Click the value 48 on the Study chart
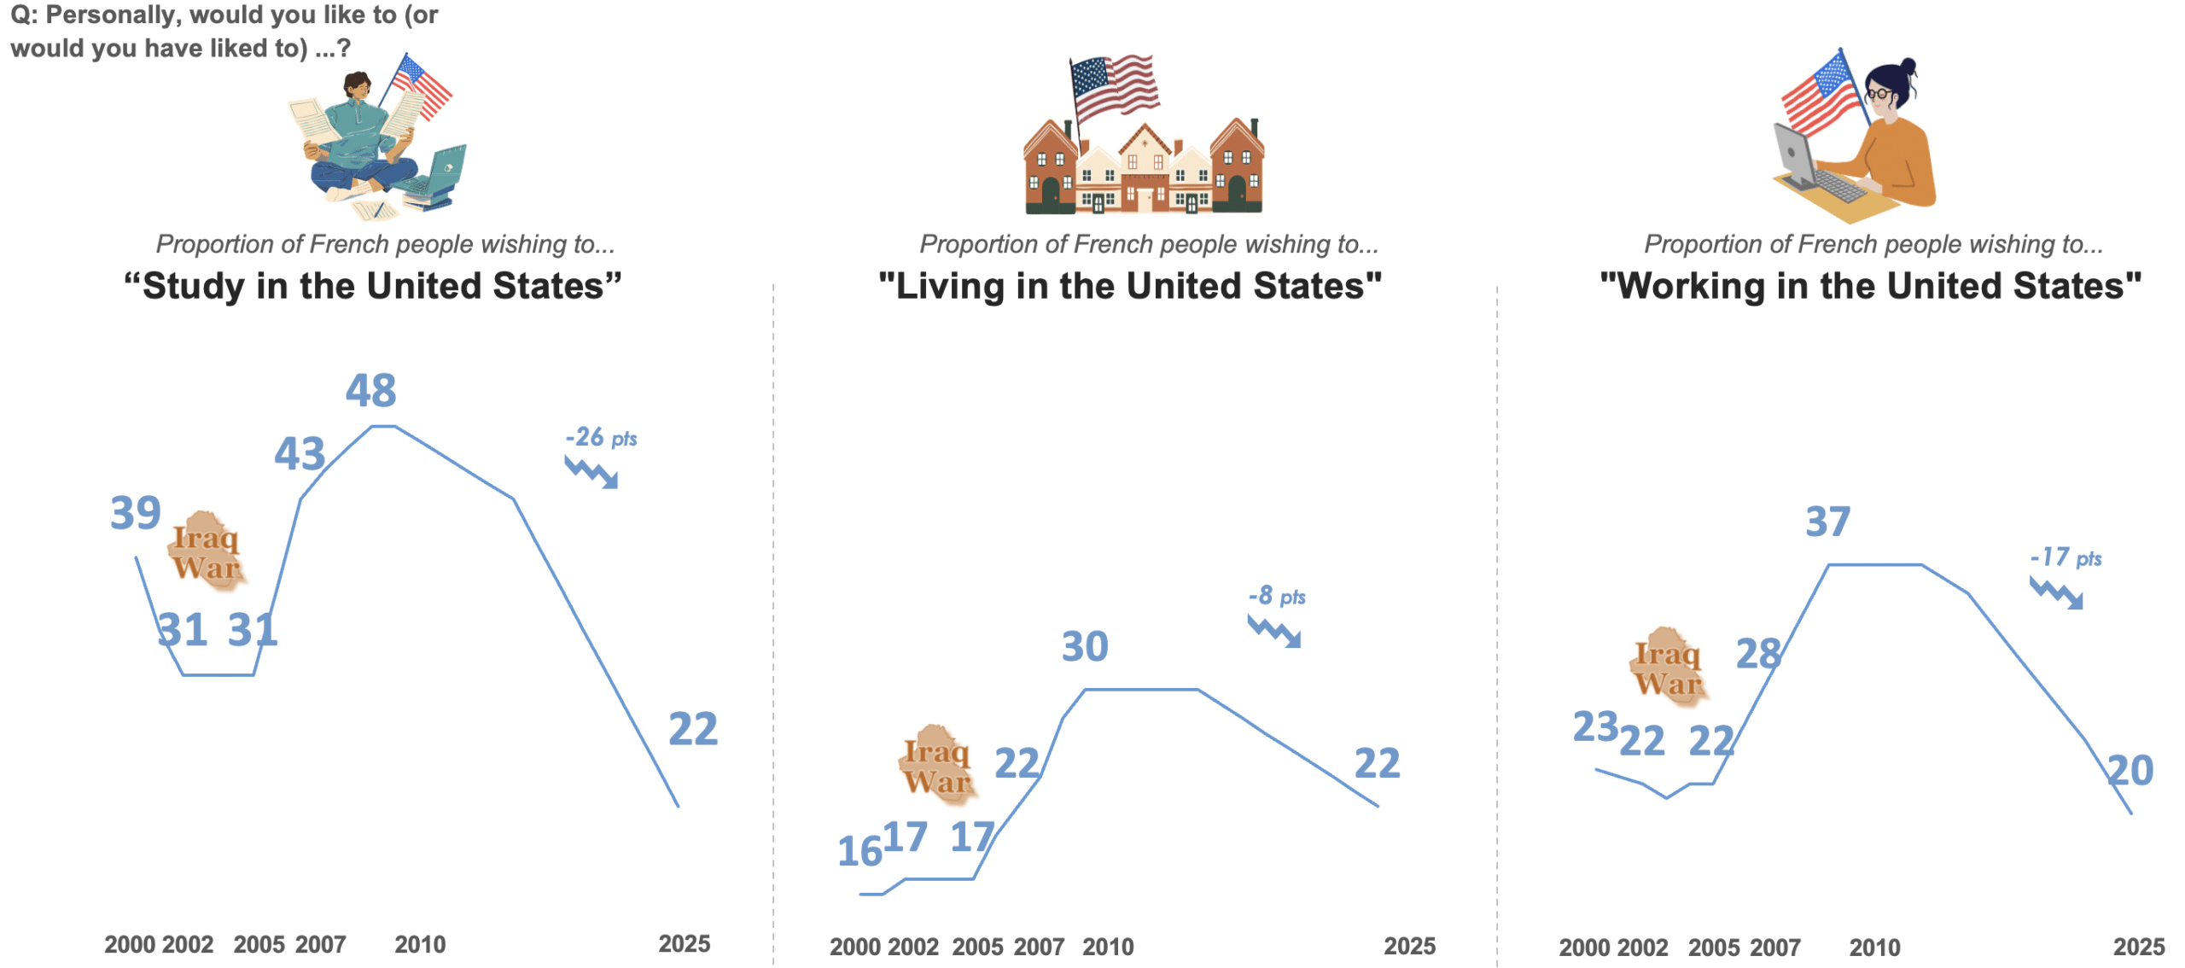[370, 391]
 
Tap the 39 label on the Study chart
[136, 513]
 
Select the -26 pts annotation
[601, 438]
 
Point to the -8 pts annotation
[1277, 596]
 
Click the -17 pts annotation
[2065, 558]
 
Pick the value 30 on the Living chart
[1085, 647]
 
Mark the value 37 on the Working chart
[1827, 522]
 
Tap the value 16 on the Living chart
[859, 851]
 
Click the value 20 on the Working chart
[2131, 771]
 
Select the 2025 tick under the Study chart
[684, 944]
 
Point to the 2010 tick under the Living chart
[1108, 947]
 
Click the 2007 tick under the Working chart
[1774, 948]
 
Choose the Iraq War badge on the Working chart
[1668, 667]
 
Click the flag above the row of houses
[1115, 85]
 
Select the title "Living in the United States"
[1130, 286]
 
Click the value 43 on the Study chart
[300, 454]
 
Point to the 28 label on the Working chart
[1758, 655]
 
